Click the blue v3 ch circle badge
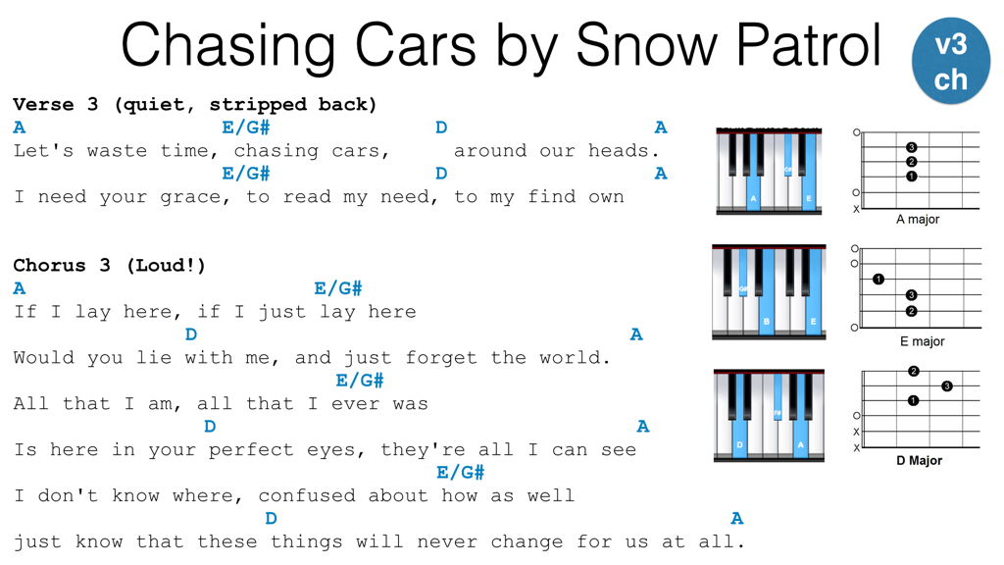tap(951, 62)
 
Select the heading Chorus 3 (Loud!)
tap(109, 265)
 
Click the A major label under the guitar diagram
tap(918, 219)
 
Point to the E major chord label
tap(922, 341)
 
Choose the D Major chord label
tap(919, 461)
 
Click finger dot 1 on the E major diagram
tap(878, 279)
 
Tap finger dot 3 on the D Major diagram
tap(947, 385)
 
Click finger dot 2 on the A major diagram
tap(911, 162)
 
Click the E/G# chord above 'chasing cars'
tap(246, 128)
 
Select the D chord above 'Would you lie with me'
tap(191, 334)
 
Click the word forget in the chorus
tap(441, 357)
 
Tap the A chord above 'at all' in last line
tap(737, 518)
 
